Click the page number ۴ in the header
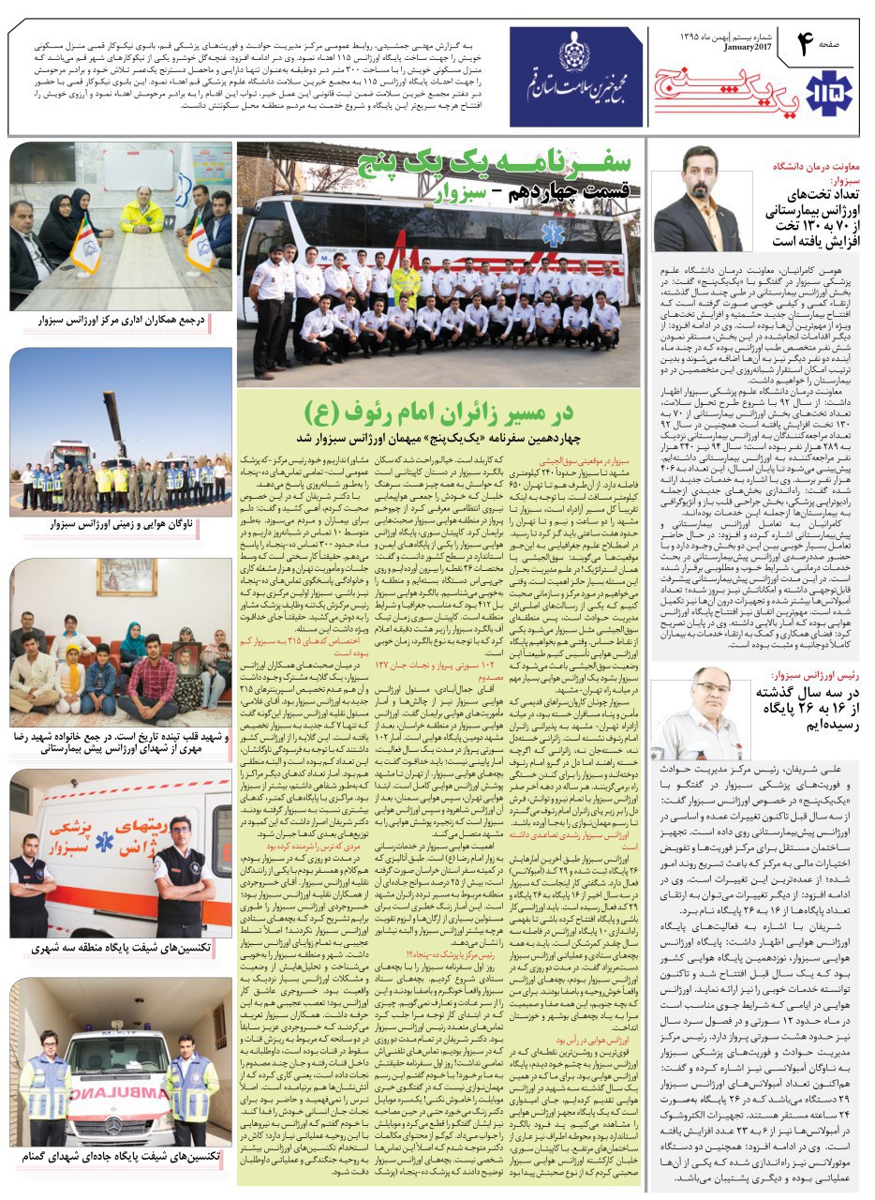pyautogui.click(x=803, y=44)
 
